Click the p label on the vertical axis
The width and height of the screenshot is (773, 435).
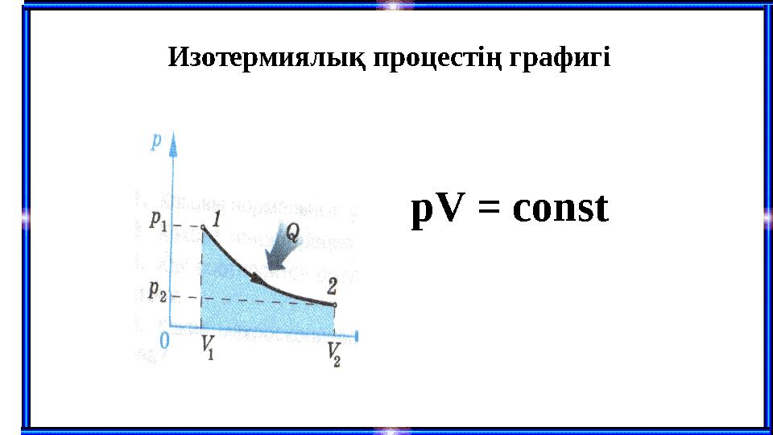[156, 140]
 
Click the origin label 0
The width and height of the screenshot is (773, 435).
[164, 342]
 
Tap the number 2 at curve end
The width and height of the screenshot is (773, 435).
[333, 284]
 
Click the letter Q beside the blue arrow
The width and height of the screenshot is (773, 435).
[293, 233]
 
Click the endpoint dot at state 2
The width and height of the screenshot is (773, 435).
[334, 304]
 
